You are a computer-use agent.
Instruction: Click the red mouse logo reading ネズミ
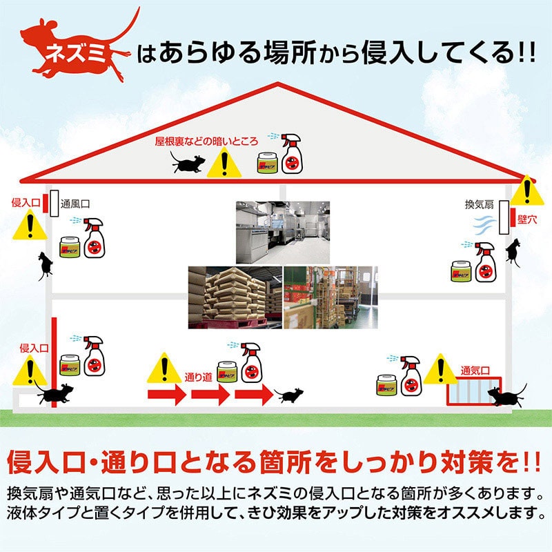pos(76,50)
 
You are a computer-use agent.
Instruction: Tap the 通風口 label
pos(76,204)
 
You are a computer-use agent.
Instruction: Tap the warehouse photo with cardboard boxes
pos(331,297)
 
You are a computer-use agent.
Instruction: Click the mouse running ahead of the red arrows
pos(288,395)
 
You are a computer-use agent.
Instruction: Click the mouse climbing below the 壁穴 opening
pos(513,251)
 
